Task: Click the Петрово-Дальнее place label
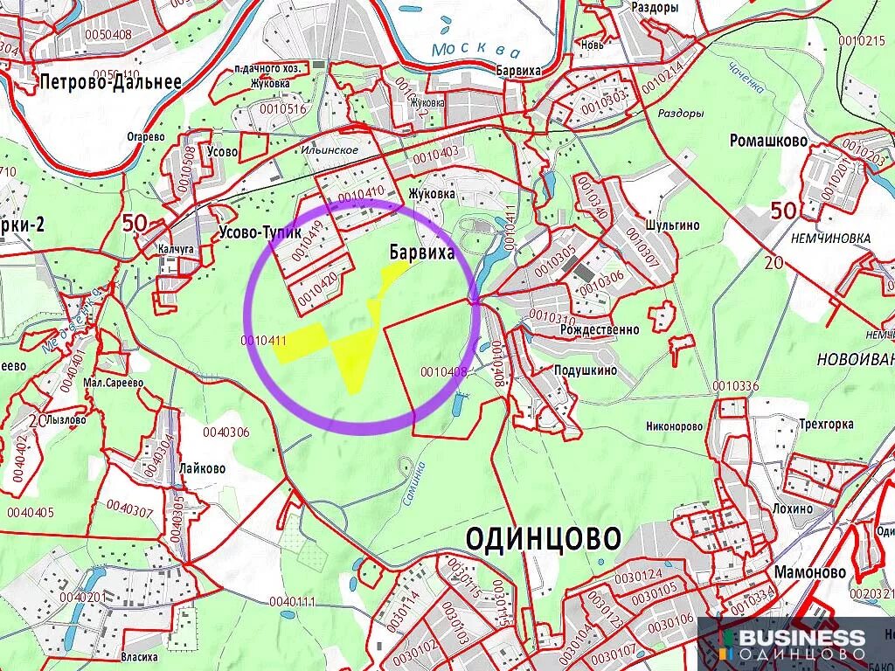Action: tap(110, 83)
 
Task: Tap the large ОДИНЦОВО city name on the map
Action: tap(543, 536)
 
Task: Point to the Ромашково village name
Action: tap(768, 140)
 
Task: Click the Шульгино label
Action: tap(672, 225)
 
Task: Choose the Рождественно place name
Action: tap(594, 330)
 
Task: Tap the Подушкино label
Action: tap(586, 370)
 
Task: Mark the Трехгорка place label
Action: tap(825, 425)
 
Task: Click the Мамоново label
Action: tap(810, 571)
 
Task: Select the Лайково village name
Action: tap(202, 468)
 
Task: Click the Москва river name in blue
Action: tap(476, 49)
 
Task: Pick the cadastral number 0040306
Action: tap(225, 432)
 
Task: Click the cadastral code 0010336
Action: tap(736, 386)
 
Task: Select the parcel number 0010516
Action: tap(282, 108)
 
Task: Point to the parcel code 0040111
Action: tap(292, 601)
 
